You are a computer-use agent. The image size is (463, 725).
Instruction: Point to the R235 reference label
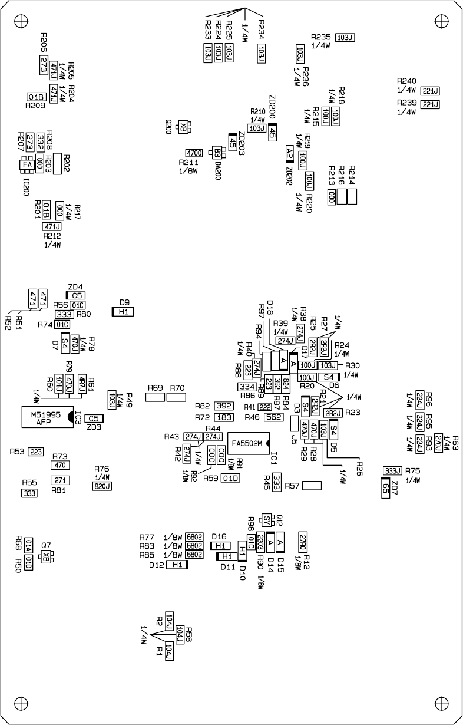click(x=322, y=37)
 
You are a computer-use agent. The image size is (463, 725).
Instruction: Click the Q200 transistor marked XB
click(x=183, y=126)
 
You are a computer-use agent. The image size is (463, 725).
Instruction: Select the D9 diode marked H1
click(x=124, y=311)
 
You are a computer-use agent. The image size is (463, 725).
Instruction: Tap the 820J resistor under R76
click(x=102, y=486)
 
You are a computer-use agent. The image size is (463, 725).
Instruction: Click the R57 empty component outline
click(x=312, y=486)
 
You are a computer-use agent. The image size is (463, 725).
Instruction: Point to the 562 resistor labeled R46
click(x=273, y=417)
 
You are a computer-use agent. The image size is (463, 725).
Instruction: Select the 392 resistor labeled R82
click(x=223, y=406)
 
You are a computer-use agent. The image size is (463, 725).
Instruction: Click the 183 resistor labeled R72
click(x=223, y=417)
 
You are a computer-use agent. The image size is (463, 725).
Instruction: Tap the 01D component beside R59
click(x=231, y=478)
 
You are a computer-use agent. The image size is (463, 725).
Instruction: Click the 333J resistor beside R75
click(x=392, y=470)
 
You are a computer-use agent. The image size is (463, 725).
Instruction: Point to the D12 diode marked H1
click(x=177, y=565)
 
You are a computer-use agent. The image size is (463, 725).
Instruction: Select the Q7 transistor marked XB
click(x=46, y=556)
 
